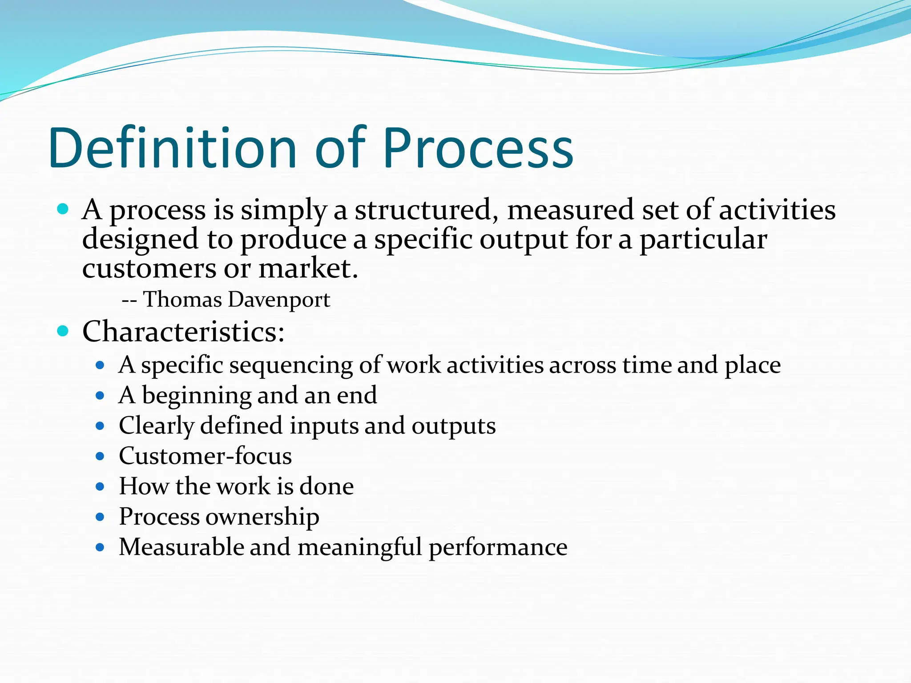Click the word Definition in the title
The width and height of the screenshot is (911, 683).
[x=173, y=148]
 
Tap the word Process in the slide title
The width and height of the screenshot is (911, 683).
[x=478, y=148]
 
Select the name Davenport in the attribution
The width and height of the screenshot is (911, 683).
[x=279, y=300]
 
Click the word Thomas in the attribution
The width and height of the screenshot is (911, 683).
[x=182, y=299]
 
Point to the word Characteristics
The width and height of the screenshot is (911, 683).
[x=183, y=332]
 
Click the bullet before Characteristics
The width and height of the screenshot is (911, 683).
[x=63, y=331]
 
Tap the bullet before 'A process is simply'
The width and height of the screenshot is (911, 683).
[x=63, y=209]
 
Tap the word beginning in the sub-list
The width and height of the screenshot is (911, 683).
[x=196, y=396]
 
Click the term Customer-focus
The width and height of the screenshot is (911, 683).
[x=205, y=456]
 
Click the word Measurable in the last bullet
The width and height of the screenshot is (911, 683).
[x=181, y=547]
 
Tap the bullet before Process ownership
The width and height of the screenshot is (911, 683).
[x=100, y=517]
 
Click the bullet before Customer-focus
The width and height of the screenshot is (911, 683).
[x=100, y=456]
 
